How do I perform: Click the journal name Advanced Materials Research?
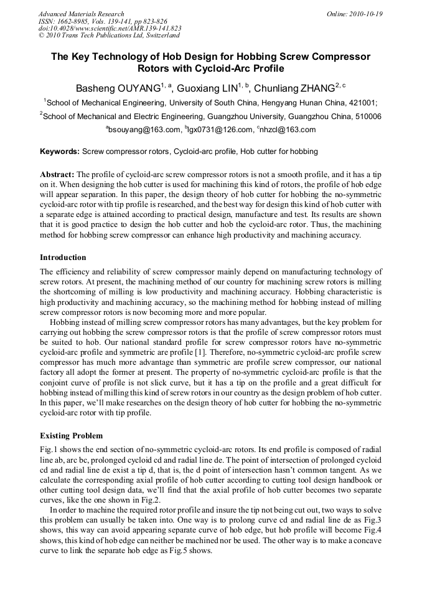pos(81,14)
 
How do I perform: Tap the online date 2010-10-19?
pos(365,14)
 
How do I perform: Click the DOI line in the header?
pos(110,28)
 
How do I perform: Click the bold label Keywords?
pos(60,152)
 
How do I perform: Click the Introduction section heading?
pos(63,258)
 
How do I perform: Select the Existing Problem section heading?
pos(71,435)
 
